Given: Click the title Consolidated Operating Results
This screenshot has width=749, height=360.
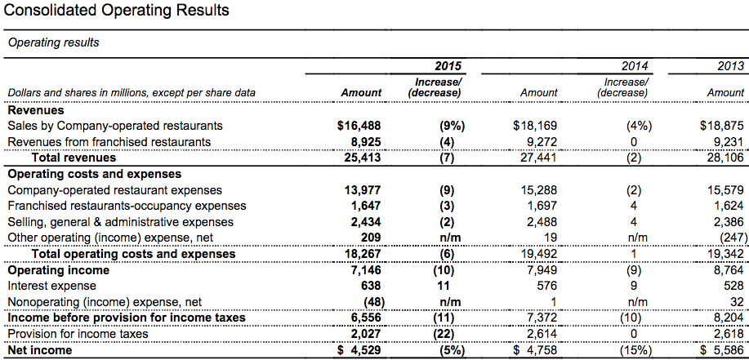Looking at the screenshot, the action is pyautogui.click(x=116, y=10).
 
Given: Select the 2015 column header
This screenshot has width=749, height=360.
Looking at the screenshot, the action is pyautogui.click(x=448, y=65).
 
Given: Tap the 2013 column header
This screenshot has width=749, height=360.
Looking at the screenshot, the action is pyautogui.click(x=731, y=65).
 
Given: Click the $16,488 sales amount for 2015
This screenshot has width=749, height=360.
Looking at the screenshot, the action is pyautogui.click(x=359, y=126).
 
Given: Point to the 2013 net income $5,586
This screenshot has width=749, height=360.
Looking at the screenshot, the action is pyautogui.click(x=722, y=350).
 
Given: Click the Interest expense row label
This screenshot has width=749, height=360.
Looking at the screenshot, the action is pyautogui.click(x=52, y=286).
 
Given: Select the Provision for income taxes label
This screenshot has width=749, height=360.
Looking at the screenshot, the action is pyautogui.click(x=78, y=334).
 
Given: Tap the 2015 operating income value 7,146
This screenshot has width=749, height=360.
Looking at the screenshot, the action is pyautogui.click(x=363, y=270).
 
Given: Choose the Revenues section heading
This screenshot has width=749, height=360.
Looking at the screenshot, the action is pyautogui.click(x=36, y=110).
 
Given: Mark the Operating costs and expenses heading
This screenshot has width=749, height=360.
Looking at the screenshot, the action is pyautogui.click(x=95, y=174).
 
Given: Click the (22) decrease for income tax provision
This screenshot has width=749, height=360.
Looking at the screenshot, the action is pyautogui.click(x=447, y=334).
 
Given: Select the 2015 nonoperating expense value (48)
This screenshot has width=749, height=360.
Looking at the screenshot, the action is pyautogui.click(x=374, y=302).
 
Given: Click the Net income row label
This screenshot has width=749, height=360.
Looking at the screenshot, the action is pyautogui.click(x=40, y=350).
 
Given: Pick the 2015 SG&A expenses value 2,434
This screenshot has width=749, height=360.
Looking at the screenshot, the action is pyautogui.click(x=363, y=222).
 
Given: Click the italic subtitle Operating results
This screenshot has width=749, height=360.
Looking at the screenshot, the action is pyautogui.click(x=54, y=42).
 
